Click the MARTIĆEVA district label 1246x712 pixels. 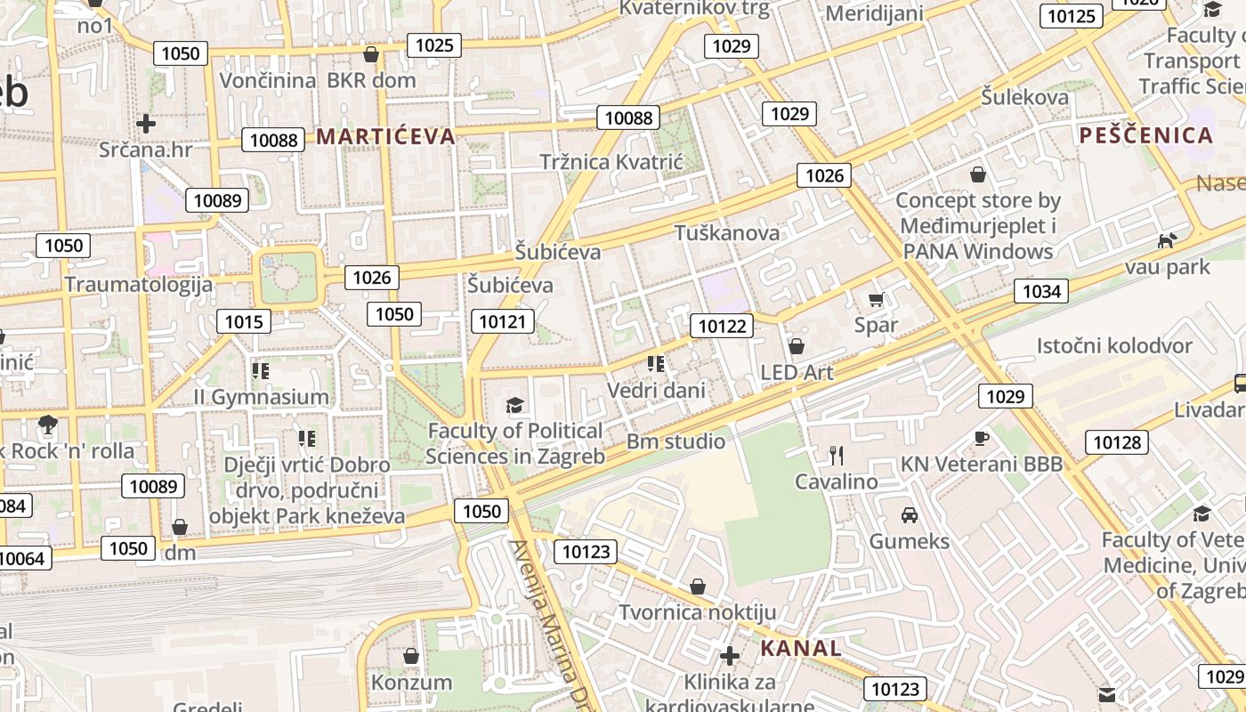[385, 136]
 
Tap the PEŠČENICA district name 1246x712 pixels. [1146, 135]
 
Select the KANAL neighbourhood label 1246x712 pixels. [801, 648]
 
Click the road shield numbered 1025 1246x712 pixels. [434, 45]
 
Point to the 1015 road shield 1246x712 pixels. [244, 321]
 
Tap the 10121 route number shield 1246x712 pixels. [502, 321]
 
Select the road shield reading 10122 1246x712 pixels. [722, 326]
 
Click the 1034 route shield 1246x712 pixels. [1041, 291]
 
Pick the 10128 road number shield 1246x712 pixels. [1116, 442]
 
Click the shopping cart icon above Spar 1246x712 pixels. [876, 300]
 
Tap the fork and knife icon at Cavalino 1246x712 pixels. [836, 456]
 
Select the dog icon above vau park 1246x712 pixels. [1166, 240]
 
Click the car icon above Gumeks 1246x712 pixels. [909, 514]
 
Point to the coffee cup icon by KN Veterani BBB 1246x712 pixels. [981, 438]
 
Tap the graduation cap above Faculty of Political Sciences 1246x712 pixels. [514, 406]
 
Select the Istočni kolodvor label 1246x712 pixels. [1113, 346]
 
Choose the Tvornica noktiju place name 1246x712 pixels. [697, 612]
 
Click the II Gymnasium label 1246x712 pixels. [262, 397]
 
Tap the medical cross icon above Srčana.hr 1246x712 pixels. [146, 124]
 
